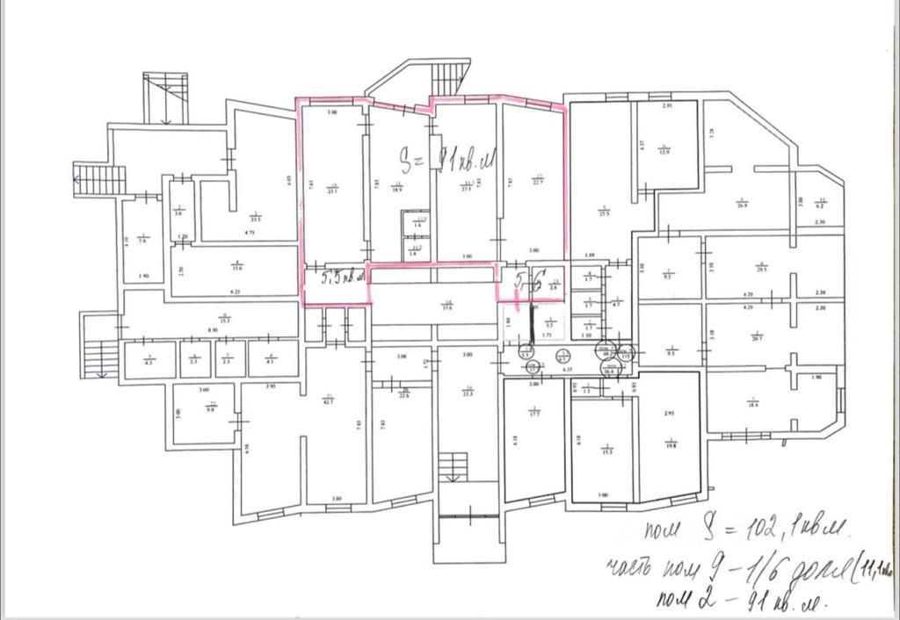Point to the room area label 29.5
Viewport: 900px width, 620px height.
[x=762, y=269]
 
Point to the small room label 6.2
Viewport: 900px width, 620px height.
[x=820, y=204]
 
